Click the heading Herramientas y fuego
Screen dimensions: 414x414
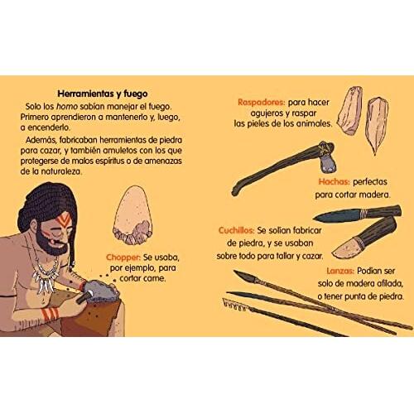tap(103, 94)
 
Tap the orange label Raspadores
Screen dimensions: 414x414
tap(261, 103)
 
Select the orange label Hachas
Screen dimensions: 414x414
tap(334, 181)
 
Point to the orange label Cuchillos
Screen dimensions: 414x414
tap(236, 230)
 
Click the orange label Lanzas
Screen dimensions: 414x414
tap(340, 271)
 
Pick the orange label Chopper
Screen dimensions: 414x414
tap(123, 258)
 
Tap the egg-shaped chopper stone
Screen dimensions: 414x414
tap(132, 215)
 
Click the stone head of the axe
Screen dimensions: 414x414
tap(328, 164)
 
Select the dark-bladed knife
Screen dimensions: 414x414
tap(358, 214)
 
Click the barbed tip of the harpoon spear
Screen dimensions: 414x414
tap(234, 305)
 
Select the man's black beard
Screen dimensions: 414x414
tap(51, 243)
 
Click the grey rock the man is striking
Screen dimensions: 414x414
tap(102, 292)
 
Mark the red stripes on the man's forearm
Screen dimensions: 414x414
tap(50, 314)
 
